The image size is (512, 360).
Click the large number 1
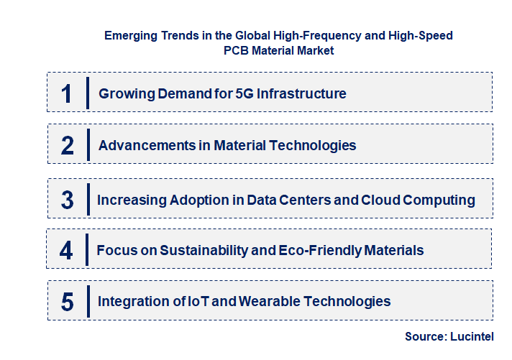(67, 93)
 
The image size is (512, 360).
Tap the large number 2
(67, 145)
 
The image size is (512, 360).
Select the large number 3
(67, 200)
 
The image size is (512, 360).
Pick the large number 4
(66, 250)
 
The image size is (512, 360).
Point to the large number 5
(67, 301)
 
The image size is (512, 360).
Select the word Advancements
(145, 145)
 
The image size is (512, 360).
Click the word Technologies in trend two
(313, 145)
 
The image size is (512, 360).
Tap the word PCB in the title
(238, 51)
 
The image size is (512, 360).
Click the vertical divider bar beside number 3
(88, 198)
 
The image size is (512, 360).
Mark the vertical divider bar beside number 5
(88, 300)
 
